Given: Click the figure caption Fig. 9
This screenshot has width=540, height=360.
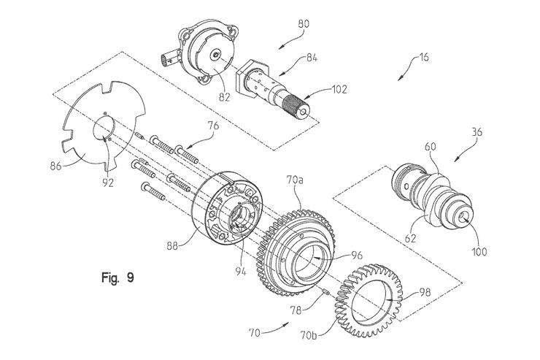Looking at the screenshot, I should tap(116, 277).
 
